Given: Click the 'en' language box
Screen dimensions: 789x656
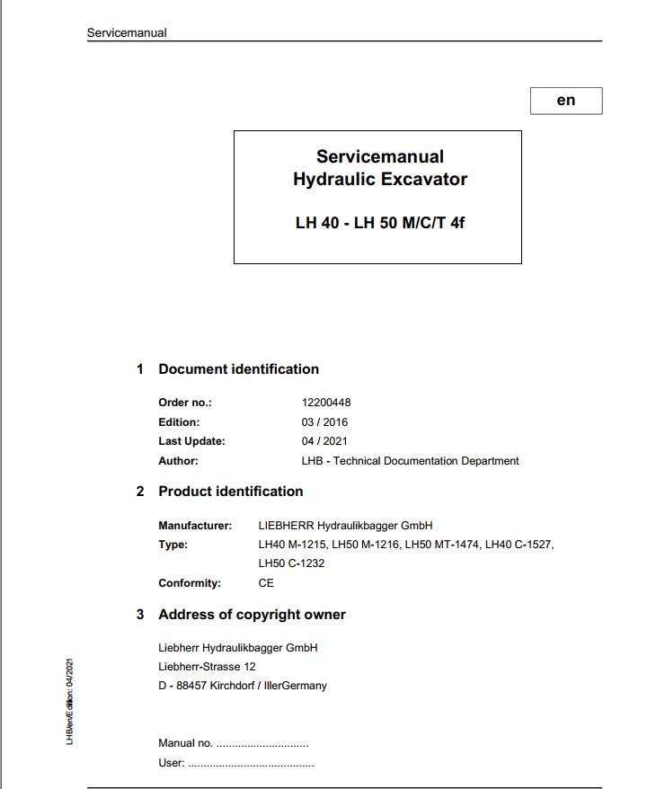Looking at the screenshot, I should click(565, 101).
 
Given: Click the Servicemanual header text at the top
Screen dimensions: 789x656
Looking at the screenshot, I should click(127, 33).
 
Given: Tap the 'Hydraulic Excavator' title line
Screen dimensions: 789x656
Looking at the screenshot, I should click(379, 179).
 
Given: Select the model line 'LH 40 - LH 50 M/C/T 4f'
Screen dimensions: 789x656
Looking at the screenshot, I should click(379, 223).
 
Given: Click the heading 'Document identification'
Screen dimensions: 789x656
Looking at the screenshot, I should click(238, 369).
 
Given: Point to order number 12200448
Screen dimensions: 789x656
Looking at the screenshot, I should click(326, 403).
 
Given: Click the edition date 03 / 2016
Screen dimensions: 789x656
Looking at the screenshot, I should click(324, 422).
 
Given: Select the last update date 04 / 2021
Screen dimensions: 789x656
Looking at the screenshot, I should click(324, 441).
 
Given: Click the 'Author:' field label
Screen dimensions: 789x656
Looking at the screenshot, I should click(178, 461).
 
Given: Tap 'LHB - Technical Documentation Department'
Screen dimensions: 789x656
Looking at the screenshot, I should click(410, 461).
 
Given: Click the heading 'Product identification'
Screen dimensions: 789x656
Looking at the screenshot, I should click(230, 492).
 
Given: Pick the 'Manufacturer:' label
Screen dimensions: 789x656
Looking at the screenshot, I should click(195, 526).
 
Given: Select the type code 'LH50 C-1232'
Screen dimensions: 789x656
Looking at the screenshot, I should click(291, 563).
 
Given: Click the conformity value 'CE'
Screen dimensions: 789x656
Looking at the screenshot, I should click(266, 583).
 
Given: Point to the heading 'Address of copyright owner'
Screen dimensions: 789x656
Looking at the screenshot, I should click(252, 615).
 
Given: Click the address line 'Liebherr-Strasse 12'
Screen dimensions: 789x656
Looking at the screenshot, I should click(207, 667).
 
